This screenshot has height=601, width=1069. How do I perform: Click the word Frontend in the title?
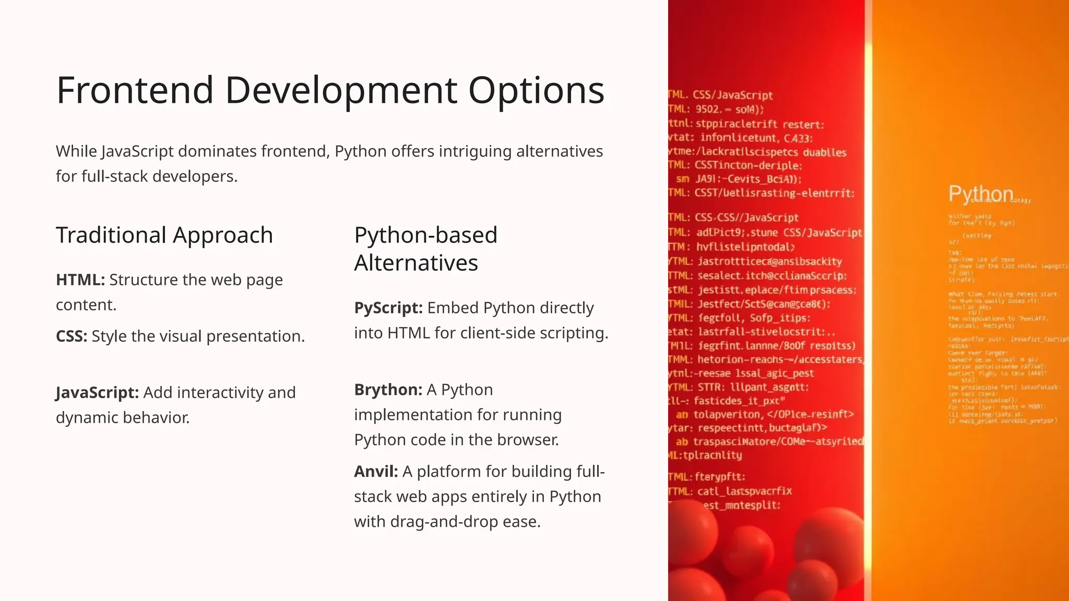[135, 90]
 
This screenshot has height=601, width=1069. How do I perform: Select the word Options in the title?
[536, 90]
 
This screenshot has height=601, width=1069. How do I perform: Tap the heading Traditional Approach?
[164, 235]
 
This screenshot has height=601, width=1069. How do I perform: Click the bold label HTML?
[80, 280]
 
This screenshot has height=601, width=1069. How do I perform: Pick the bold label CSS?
[72, 336]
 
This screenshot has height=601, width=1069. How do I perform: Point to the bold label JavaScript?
[97, 393]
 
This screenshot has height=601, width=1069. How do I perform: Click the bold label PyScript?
[388, 308]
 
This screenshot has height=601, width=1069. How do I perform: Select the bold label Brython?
[388, 390]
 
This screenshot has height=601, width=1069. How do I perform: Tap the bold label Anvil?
[376, 472]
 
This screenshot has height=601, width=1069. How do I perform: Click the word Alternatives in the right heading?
[415, 263]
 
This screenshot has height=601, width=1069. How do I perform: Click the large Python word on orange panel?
[980, 194]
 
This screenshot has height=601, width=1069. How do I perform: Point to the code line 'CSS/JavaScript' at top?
[732, 95]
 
